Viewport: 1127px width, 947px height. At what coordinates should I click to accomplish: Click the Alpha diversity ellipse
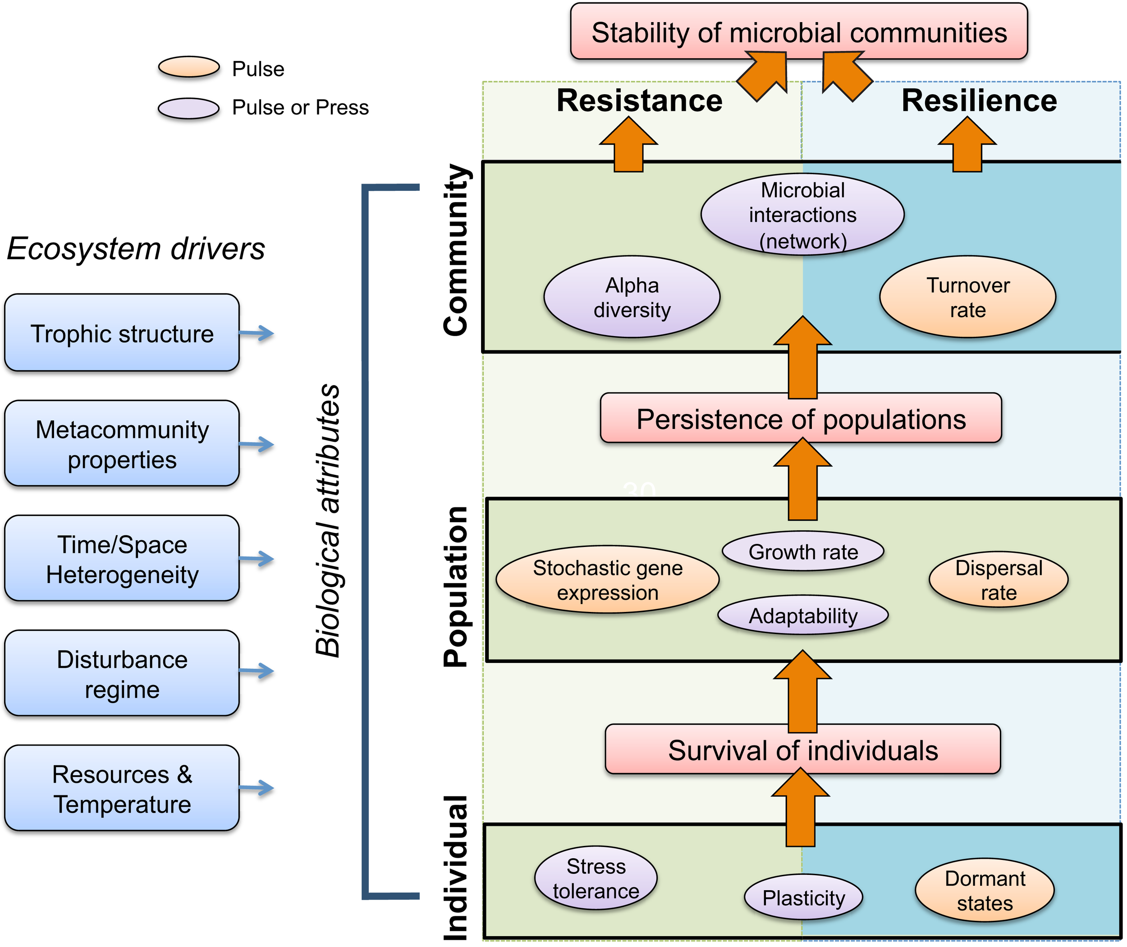coord(632,297)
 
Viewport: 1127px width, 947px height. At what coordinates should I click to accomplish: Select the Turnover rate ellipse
coord(967,297)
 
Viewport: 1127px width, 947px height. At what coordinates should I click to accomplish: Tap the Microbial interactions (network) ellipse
coord(802,214)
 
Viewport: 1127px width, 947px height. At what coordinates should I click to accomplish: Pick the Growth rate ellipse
coord(803,552)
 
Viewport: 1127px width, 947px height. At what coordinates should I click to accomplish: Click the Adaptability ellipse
coord(803,615)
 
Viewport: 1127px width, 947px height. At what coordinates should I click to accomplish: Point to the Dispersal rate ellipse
coord(998,580)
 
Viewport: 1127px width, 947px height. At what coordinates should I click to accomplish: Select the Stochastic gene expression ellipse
coord(608,580)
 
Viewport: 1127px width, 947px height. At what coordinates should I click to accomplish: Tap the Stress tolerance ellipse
coord(596,878)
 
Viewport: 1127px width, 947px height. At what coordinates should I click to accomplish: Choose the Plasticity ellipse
coord(803,897)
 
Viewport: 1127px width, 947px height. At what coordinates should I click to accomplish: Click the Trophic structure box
coord(122,333)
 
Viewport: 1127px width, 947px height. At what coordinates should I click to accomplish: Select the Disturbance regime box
coord(122,673)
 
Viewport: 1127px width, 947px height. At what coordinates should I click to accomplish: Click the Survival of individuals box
coord(802,749)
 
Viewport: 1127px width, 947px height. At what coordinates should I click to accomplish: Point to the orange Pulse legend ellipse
coord(189,67)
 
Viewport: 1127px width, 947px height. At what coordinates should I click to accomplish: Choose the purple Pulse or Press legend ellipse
coord(189,108)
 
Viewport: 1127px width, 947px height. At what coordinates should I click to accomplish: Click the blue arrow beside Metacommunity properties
coord(257,444)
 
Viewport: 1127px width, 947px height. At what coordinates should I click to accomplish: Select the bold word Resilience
coord(979,101)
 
